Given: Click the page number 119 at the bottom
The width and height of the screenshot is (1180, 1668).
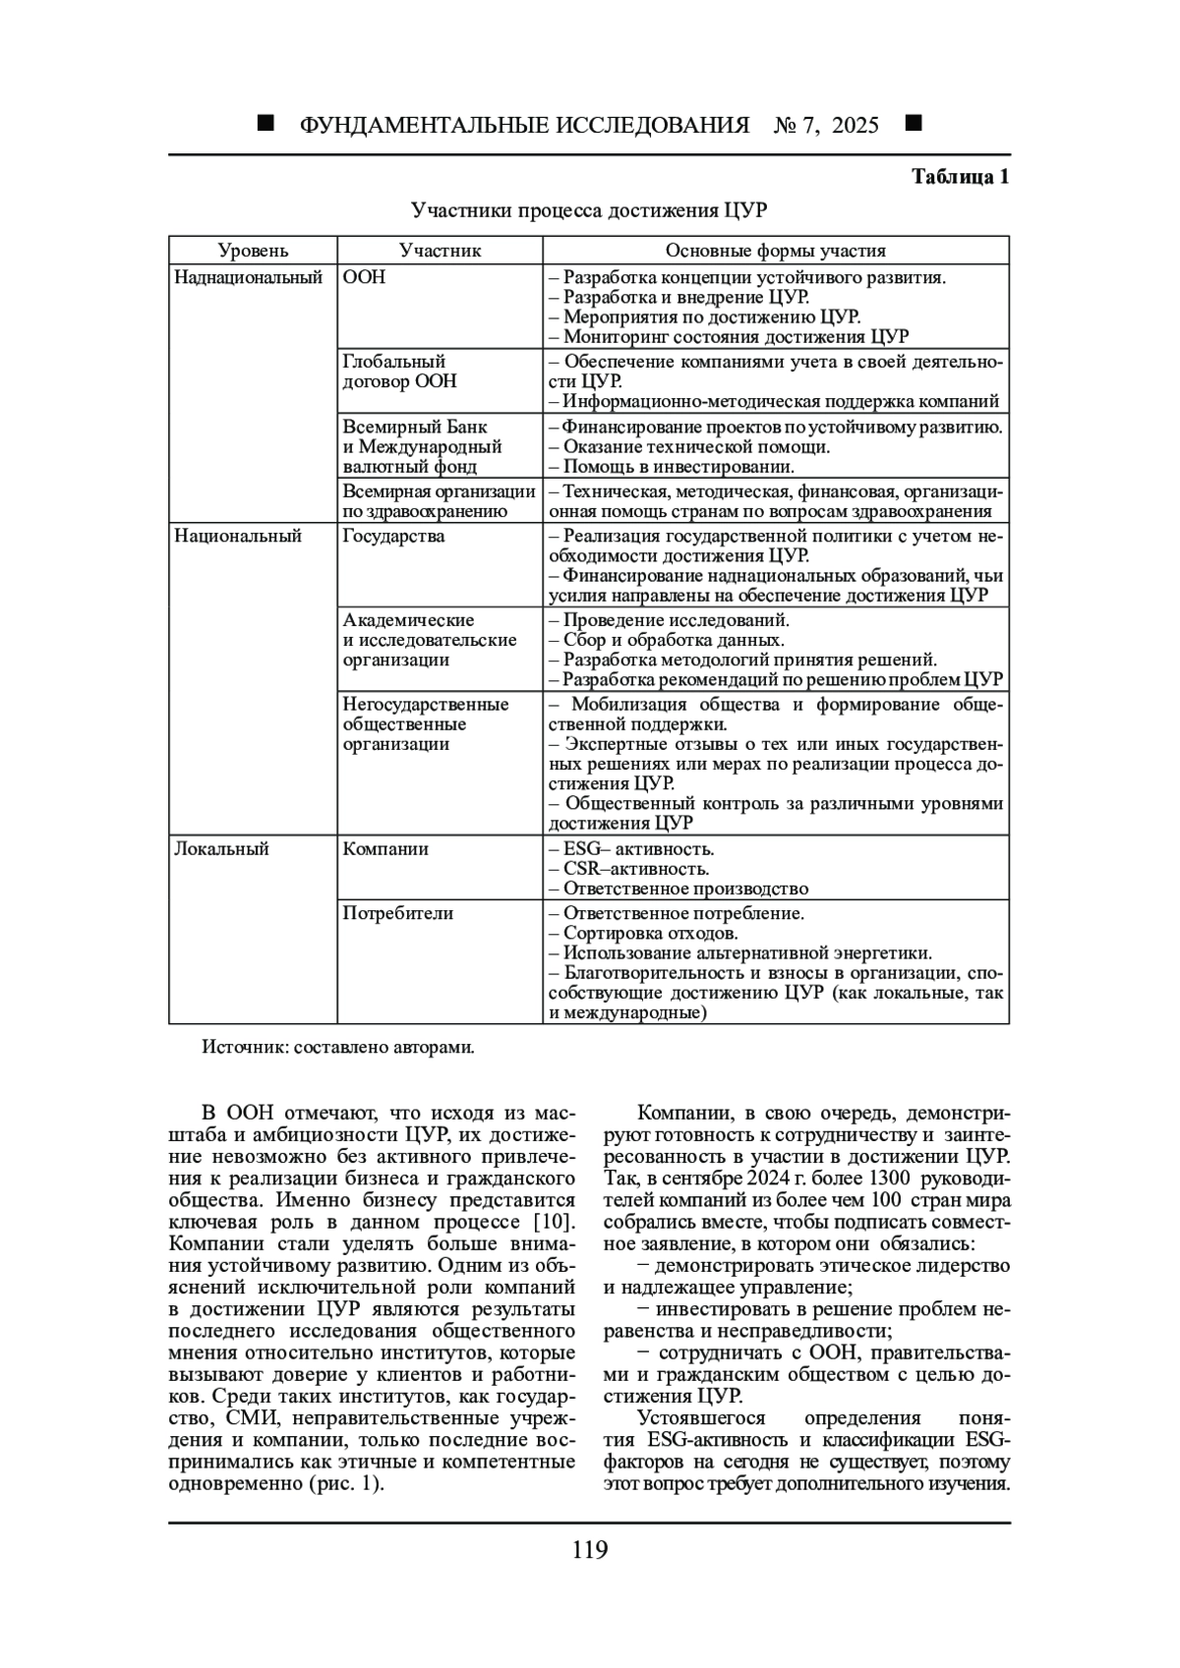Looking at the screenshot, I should [x=590, y=1550].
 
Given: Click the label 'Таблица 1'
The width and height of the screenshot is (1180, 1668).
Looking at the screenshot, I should [x=960, y=177].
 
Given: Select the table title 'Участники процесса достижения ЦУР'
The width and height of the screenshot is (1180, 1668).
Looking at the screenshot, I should [x=589, y=210].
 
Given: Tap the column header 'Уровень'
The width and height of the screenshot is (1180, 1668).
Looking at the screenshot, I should [x=253, y=251].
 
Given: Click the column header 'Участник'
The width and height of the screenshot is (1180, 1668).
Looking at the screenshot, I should [x=440, y=251].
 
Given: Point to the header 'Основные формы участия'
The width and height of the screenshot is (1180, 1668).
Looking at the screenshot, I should [x=775, y=251].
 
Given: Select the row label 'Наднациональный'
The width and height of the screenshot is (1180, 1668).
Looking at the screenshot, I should [x=249, y=277].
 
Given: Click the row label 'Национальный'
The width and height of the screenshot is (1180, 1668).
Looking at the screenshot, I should [x=238, y=536].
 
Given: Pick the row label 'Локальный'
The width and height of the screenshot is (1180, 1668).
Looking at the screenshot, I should [x=221, y=848].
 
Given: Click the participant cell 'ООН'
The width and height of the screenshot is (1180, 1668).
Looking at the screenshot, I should [x=364, y=277].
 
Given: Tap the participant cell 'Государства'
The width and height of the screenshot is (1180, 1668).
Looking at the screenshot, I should [x=393, y=536].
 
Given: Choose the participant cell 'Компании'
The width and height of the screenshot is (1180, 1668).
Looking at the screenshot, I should [x=385, y=848].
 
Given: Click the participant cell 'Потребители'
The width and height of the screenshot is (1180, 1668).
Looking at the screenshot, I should [x=398, y=913].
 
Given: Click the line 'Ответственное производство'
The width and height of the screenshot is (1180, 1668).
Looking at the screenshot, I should [x=685, y=889].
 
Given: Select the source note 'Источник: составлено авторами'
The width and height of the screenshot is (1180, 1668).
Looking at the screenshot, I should [x=338, y=1047].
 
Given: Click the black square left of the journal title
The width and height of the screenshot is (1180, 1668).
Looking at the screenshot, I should [x=265, y=124].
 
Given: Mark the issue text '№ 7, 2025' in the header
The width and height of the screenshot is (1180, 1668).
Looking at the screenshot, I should [x=827, y=125].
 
